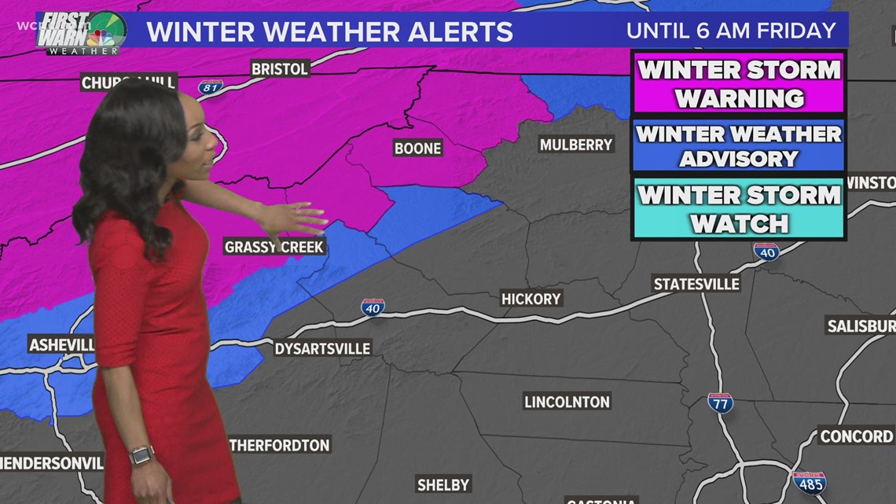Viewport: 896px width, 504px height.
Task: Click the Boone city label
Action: (x=418, y=148)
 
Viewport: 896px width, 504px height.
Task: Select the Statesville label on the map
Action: (x=696, y=283)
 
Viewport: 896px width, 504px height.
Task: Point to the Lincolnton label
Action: (x=567, y=402)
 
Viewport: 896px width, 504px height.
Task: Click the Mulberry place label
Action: (x=576, y=145)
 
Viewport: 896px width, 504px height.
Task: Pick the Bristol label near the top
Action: (x=279, y=69)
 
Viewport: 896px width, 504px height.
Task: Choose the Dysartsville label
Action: (x=321, y=348)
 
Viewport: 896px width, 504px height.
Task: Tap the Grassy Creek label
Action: (x=274, y=247)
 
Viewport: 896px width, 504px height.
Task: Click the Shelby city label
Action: (x=443, y=484)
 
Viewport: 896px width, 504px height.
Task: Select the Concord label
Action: (x=856, y=436)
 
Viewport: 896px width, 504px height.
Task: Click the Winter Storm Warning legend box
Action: (x=738, y=83)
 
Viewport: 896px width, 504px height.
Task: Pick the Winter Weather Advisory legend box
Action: (x=738, y=146)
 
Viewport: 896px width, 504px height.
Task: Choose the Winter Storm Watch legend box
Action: (x=738, y=209)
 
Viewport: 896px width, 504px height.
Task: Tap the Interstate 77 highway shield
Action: (x=720, y=403)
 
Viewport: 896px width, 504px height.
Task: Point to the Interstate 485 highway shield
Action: (x=809, y=480)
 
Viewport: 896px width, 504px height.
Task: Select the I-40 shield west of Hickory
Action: (x=373, y=307)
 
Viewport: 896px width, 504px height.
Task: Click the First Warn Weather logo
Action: (x=82, y=32)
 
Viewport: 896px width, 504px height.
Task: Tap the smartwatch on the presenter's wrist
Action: (x=142, y=455)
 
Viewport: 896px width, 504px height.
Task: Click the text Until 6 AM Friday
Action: (x=730, y=31)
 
